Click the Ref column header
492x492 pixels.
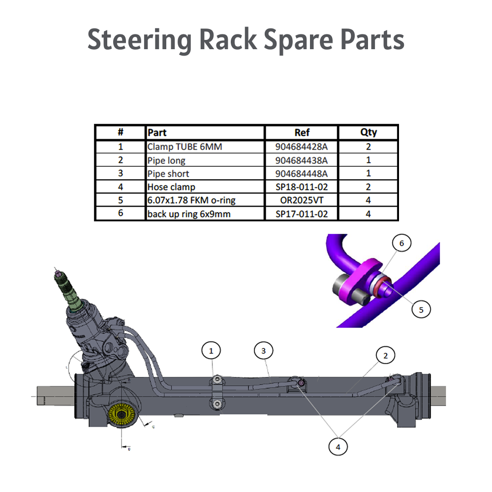pyautogui.click(x=301, y=132)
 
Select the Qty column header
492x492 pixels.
pyautogui.click(x=368, y=132)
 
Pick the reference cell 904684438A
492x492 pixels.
pyautogui.click(x=301, y=160)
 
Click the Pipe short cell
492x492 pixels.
pyautogui.click(x=168, y=174)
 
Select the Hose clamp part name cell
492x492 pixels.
pyautogui.click(x=171, y=187)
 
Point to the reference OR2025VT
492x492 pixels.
pyautogui.click(x=301, y=200)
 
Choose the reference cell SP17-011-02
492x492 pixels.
pyautogui.click(x=301, y=214)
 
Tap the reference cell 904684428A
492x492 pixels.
pyautogui.click(x=301, y=147)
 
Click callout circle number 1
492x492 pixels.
pyautogui.click(x=212, y=351)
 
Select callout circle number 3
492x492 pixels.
pyautogui.click(x=264, y=351)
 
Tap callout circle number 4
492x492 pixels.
pyautogui.click(x=338, y=447)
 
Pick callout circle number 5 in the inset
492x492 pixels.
pyautogui.click(x=421, y=309)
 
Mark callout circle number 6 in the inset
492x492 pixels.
pyautogui.click(x=401, y=244)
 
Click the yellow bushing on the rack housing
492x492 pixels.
pyautogui.click(x=121, y=415)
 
